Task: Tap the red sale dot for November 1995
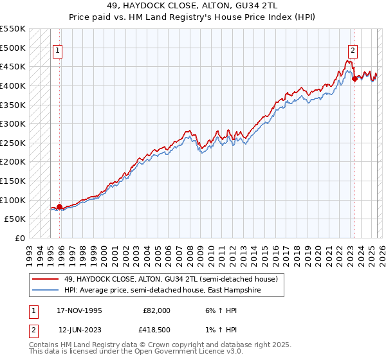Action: pos(60,207)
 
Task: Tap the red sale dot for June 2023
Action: pos(354,79)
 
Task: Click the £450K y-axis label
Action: pos(14,66)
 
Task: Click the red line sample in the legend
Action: pos(46,279)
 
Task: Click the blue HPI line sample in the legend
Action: pos(46,291)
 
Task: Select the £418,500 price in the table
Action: pos(156,330)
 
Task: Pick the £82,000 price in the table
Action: pos(156,310)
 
